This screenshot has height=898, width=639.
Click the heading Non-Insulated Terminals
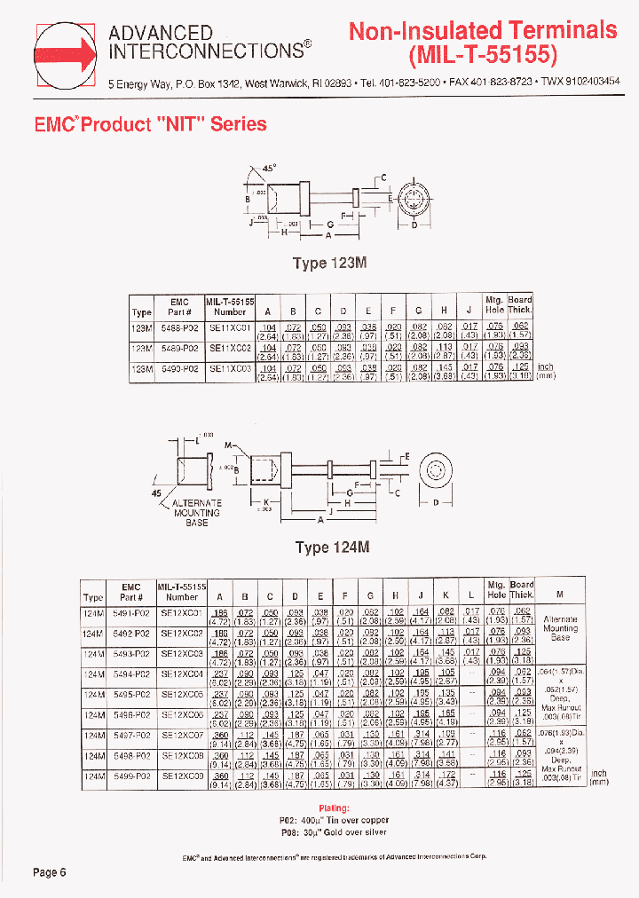point(482,30)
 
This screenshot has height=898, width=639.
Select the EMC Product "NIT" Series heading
point(150,124)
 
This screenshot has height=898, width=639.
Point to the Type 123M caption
point(330,264)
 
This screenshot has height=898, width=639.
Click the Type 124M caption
point(331,547)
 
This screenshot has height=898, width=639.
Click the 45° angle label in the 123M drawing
point(269,168)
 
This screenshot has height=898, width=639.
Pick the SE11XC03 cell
point(230,367)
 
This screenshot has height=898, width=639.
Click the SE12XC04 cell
point(182,674)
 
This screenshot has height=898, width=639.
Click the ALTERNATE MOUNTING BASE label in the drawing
point(196,513)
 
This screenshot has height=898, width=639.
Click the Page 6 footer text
point(50,872)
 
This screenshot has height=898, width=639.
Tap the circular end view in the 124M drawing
point(438,471)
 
